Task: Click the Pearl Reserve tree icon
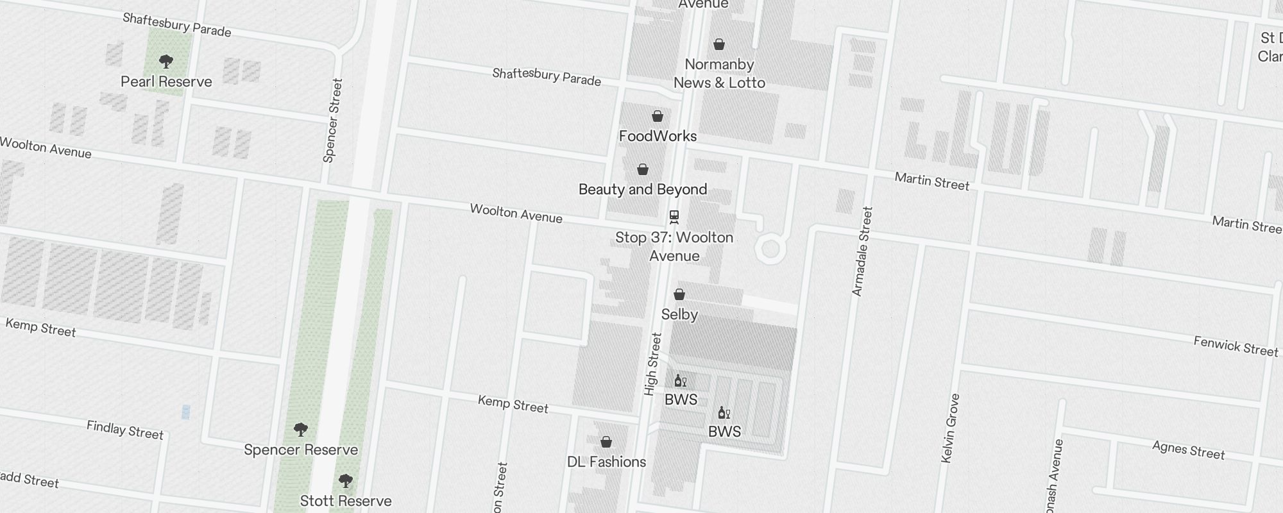click(x=166, y=62)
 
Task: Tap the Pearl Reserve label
click(x=166, y=81)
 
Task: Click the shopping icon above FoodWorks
click(x=658, y=116)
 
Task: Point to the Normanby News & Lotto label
click(x=719, y=73)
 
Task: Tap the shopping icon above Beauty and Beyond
click(x=643, y=169)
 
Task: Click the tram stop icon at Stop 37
click(x=674, y=217)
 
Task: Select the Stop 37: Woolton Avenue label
click(x=674, y=246)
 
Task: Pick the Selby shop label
click(x=679, y=314)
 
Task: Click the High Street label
click(x=652, y=364)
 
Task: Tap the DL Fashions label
click(x=606, y=462)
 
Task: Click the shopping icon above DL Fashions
click(x=606, y=442)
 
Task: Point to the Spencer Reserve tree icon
click(x=300, y=429)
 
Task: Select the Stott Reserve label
click(x=346, y=501)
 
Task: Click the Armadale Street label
click(x=862, y=251)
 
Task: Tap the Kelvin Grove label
click(x=950, y=428)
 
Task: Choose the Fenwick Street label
click(x=1236, y=346)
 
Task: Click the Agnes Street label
click(x=1188, y=450)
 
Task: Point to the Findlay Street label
click(x=125, y=430)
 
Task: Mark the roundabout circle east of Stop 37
click(x=770, y=248)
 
